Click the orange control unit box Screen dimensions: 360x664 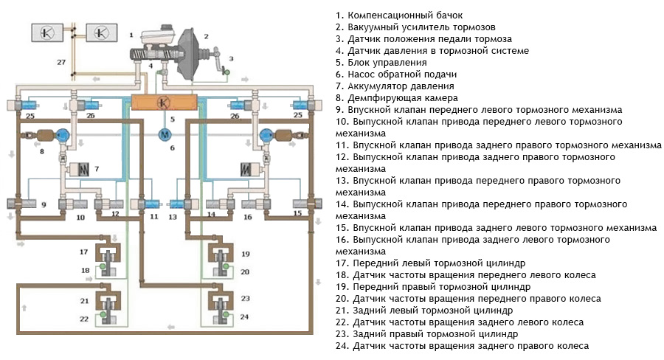tap(163, 102)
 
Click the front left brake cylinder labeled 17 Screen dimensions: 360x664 tap(110, 257)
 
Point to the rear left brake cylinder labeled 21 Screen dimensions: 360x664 tap(110, 303)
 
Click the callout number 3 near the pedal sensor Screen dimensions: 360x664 tap(230, 58)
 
